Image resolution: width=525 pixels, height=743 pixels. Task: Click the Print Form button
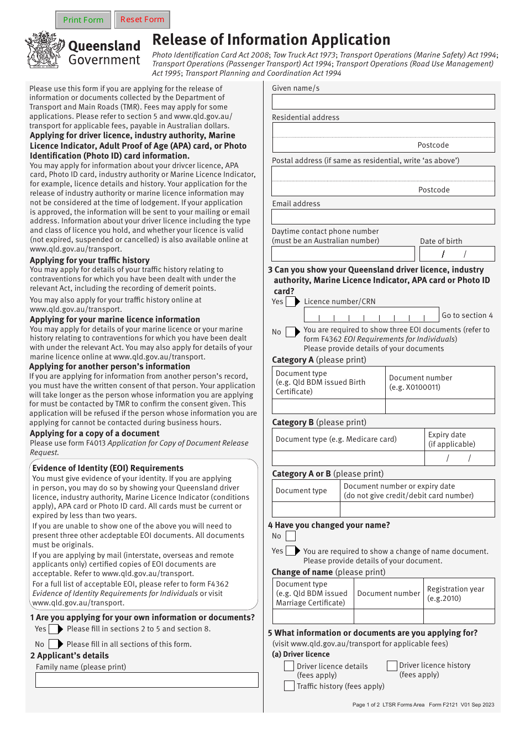click(83, 20)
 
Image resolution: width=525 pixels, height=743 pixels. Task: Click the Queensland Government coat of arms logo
click(44, 50)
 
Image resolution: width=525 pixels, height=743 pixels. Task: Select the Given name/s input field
click(383, 102)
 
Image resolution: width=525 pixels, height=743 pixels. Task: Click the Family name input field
click(146, 680)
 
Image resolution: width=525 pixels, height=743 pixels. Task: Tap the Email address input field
click(383, 217)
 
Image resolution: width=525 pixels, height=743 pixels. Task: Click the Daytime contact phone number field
click(343, 254)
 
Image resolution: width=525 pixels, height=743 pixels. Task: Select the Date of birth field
click(456, 254)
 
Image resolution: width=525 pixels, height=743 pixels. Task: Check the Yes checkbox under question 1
click(54, 629)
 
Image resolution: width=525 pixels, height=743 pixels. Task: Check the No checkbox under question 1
click(54, 645)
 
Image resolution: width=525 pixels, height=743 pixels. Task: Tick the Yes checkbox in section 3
click(291, 302)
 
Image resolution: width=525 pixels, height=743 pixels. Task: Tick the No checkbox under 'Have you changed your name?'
click(291, 536)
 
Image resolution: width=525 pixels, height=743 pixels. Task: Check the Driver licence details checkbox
click(289, 666)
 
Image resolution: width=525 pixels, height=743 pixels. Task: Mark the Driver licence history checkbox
click(392, 666)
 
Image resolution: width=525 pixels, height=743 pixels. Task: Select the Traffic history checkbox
click(289, 686)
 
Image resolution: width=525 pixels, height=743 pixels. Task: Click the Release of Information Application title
click(271, 40)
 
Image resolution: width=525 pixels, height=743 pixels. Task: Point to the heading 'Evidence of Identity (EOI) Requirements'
click(108, 468)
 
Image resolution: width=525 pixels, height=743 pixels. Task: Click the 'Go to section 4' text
click(467, 316)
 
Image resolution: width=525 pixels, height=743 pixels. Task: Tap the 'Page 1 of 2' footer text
click(366, 705)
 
